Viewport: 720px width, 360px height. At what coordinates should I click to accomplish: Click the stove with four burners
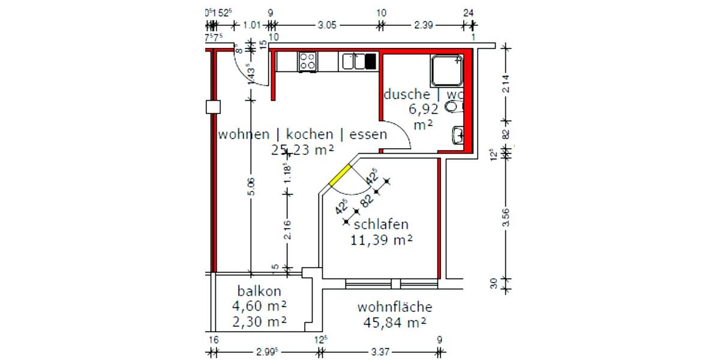308,61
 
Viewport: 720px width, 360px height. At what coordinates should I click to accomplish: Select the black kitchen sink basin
370,61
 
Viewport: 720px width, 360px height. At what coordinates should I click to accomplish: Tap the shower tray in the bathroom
446,70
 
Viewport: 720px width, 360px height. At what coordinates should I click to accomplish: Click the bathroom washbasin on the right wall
458,136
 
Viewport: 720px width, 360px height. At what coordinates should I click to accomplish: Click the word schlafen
381,224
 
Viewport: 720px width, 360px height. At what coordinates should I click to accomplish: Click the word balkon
259,292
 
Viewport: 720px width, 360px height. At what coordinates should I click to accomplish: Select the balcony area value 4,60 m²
259,306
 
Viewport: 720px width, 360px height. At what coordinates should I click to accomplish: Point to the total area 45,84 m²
394,322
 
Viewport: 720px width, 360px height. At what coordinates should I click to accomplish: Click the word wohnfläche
394,307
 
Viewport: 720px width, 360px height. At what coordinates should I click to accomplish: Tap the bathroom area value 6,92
424,109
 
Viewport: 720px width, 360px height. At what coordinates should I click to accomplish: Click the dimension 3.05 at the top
326,25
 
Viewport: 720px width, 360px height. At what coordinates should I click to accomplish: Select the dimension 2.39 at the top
424,25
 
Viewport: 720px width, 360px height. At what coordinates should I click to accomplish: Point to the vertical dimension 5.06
251,187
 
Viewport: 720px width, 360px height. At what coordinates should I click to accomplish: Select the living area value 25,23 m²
302,149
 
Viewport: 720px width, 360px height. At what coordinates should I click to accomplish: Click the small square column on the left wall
212,107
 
